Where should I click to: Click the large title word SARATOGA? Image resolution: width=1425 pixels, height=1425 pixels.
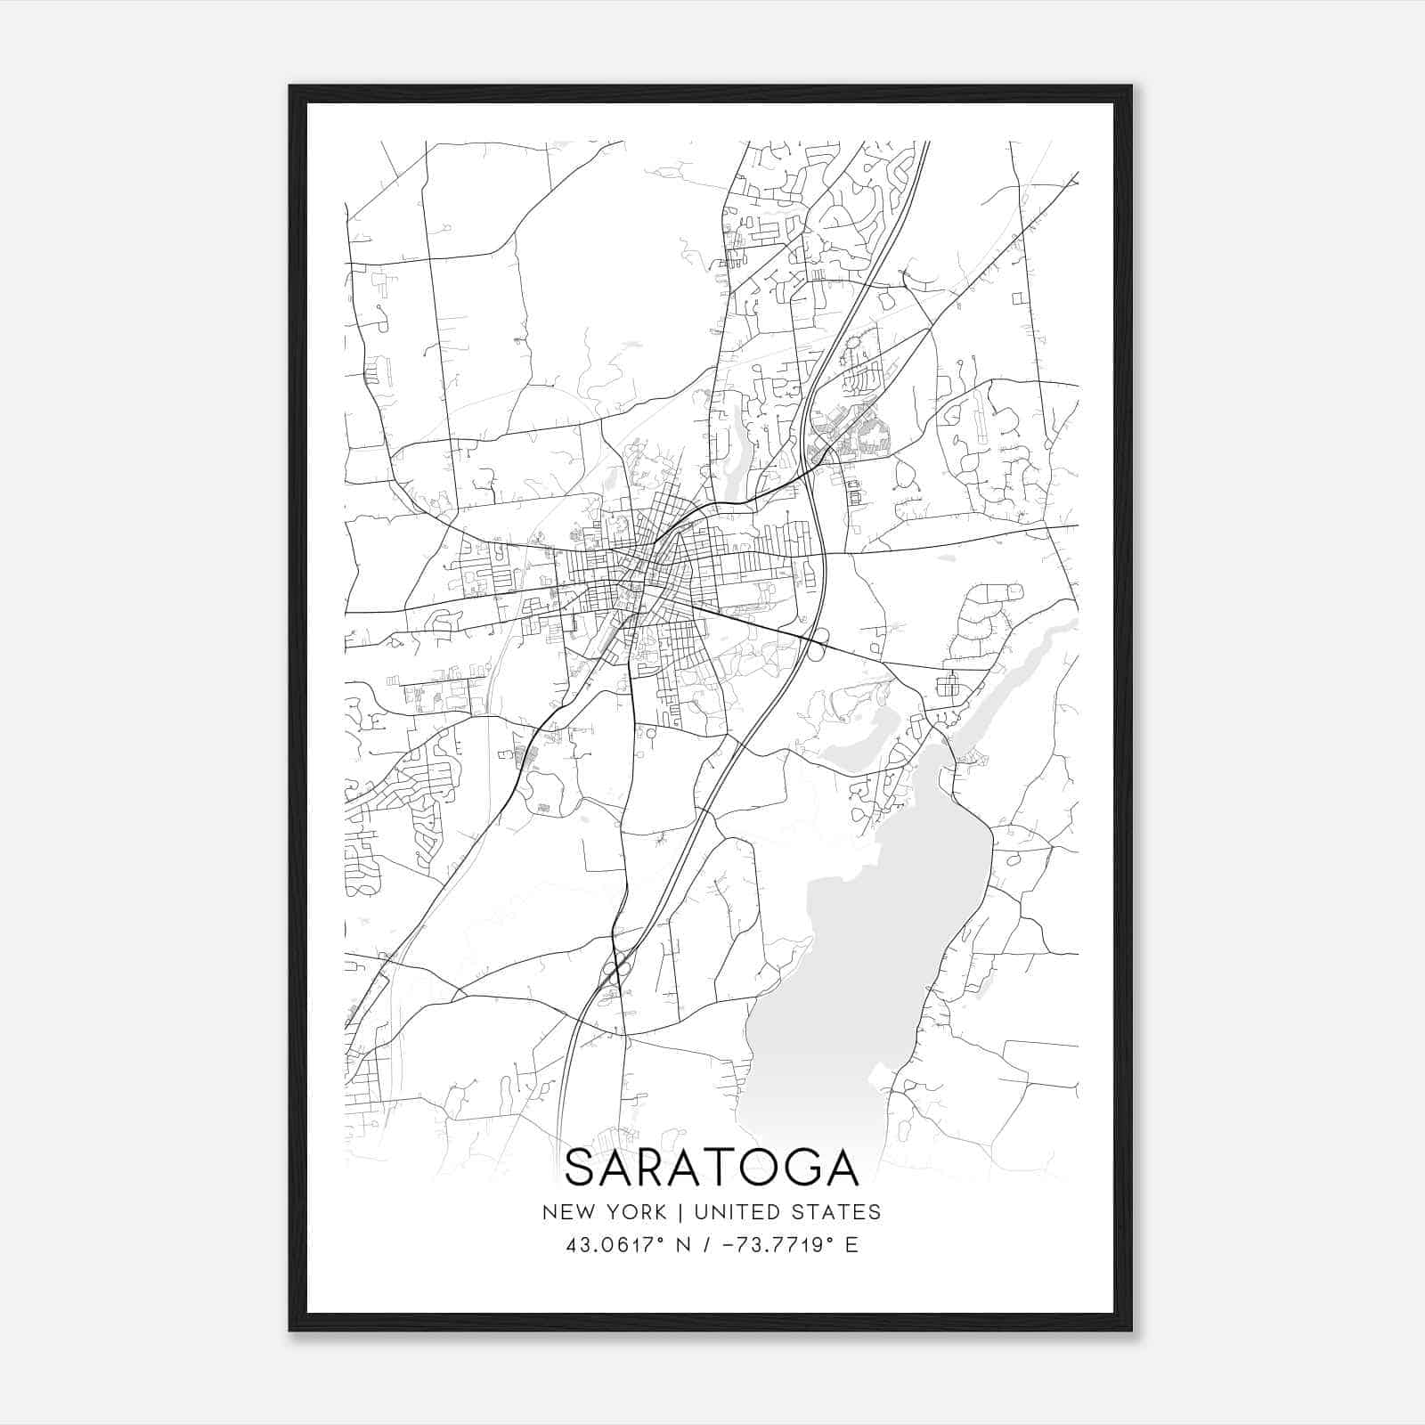tap(712, 1168)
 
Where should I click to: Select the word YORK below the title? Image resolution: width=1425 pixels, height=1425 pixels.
tap(634, 1212)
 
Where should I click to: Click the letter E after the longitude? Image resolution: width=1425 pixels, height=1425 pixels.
tap(852, 1245)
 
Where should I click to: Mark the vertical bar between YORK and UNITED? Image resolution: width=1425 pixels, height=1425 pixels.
tap(680, 1212)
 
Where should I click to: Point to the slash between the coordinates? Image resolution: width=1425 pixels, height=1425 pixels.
tap(707, 1245)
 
